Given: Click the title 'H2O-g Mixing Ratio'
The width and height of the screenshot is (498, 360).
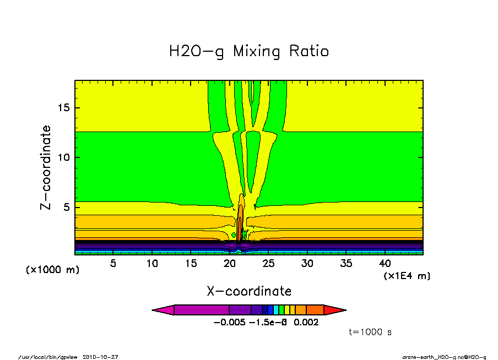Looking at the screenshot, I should pos(249,52).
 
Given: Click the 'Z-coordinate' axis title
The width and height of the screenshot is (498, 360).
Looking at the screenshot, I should pos(46,167).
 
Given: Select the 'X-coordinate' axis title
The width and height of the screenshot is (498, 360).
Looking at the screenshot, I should pos(249,291).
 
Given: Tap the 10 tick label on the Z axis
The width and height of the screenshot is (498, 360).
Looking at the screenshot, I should pos(64,157).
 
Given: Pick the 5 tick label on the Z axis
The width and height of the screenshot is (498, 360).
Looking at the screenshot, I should pos(67,208).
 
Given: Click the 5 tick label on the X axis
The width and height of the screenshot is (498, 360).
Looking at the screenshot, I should pos(113,263).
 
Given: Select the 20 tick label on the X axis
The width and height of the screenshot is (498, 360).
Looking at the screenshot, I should pos(230,263).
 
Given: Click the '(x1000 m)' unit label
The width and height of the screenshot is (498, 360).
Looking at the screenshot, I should pos(52,270).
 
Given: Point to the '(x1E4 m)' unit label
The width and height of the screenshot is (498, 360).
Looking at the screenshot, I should pos(407,276).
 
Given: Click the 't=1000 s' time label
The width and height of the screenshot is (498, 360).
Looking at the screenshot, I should pos(370,332).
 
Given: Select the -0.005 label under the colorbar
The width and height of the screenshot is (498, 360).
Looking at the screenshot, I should pos(229,323).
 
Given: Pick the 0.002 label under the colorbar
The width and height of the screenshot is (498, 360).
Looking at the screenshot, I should pos(306,323).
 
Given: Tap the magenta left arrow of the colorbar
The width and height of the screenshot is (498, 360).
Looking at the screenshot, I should pos(163,310).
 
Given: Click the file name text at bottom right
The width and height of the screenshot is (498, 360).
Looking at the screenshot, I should pos(445,357).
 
